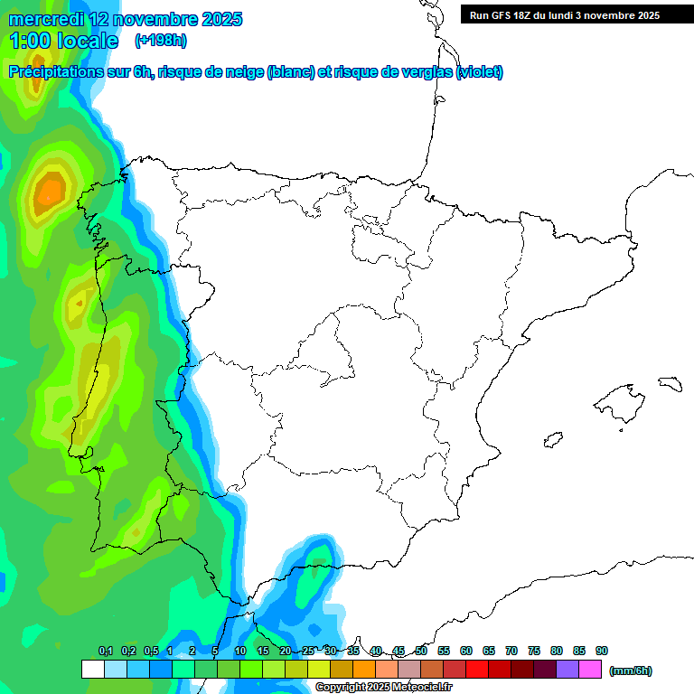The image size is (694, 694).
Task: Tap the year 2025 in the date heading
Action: [216, 19]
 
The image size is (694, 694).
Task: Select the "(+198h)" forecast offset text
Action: [160, 40]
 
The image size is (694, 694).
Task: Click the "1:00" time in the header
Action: [30, 41]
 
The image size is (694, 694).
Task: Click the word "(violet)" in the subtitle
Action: [479, 72]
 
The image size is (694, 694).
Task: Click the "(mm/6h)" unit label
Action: [631, 671]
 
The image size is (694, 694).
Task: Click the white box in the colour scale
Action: [92, 670]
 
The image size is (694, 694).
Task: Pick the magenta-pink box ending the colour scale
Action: [590, 670]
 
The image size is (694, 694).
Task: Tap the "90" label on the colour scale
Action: [602, 652]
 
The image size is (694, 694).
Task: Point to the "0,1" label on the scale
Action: [106, 652]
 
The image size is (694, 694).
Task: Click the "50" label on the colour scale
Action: [421, 652]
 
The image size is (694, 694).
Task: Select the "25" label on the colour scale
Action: [308, 652]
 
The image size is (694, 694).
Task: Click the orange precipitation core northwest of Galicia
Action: [50, 192]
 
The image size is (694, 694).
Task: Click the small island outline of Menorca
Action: [669, 383]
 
